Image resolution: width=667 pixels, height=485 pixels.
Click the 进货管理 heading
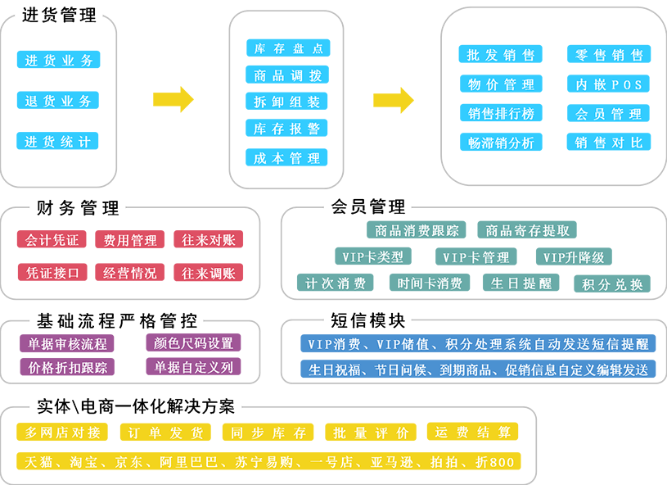(58, 16)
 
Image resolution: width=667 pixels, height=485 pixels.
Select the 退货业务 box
(58, 102)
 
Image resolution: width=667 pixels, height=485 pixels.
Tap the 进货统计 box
(58, 142)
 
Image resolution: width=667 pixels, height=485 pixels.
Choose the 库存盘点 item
(287, 49)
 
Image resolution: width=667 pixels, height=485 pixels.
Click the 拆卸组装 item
(287, 102)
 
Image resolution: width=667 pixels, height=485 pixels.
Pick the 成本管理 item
(287, 158)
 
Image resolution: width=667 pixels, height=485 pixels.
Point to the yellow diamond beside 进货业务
(174, 93)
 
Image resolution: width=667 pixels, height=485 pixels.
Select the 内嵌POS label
(608, 85)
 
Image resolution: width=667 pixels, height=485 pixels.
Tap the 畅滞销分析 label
(501, 143)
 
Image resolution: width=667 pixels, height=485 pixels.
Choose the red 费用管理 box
(130, 241)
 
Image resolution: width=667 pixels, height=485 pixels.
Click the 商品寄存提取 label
(527, 231)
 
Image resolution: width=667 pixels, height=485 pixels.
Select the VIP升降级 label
(574, 257)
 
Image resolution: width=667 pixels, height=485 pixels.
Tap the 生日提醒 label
(521, 284)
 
